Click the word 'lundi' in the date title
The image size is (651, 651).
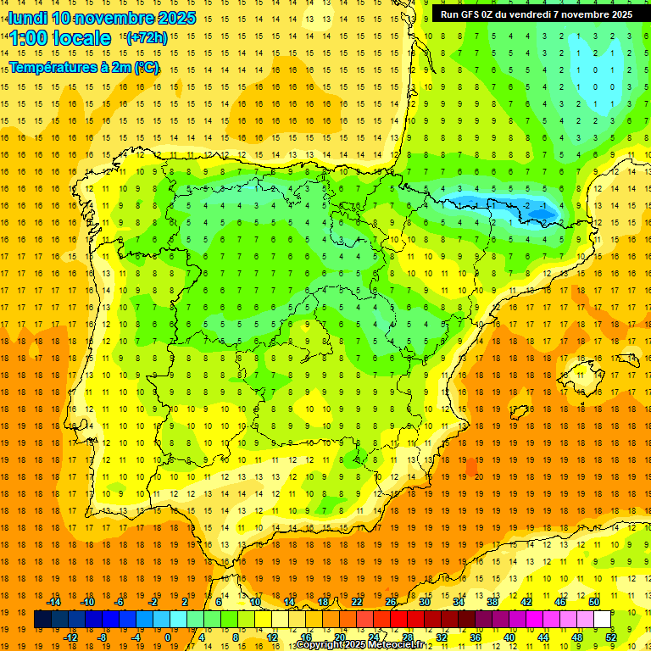tap(27, 18)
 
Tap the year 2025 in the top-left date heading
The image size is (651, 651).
tap(176, 18)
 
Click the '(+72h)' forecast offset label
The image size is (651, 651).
tap(147, 38)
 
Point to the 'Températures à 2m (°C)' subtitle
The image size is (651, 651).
tap(84, 68)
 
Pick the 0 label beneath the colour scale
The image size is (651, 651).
tap(168, 637)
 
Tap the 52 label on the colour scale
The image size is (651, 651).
tap(612, 637)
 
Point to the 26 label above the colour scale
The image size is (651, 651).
tap(391, 602)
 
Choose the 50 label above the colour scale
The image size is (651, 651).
tap(593, 602)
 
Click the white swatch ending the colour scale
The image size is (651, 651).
tap(603, 620)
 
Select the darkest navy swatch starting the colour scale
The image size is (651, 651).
tap(42, 620)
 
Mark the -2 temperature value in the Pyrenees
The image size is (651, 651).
tap(526, 206)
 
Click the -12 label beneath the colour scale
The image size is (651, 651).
tap(70, 637)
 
